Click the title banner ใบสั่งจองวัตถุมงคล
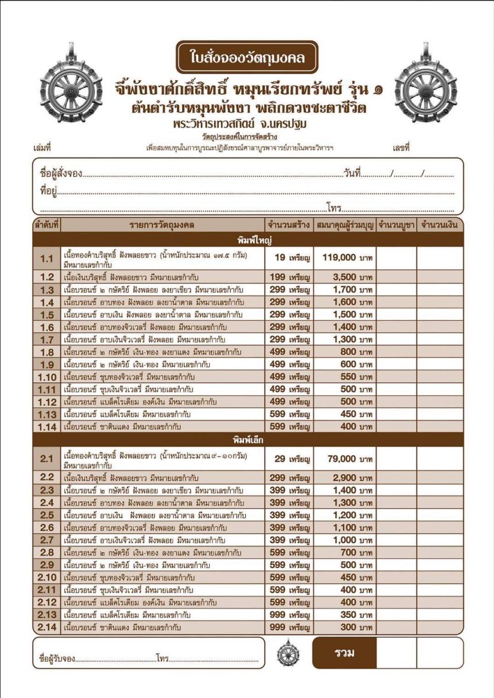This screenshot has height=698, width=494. coord(247,57)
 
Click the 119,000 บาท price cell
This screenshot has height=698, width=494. coord(345,259)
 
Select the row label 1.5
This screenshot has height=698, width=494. coord(47,315)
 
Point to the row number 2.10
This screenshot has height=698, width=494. coord(47,577)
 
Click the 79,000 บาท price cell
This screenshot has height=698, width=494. coord(345,459)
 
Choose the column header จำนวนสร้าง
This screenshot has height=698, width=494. coord(288,225)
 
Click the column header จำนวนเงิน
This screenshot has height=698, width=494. coord(439,225)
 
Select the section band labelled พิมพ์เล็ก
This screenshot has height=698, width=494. coord(247,440)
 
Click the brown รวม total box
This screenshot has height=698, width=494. coord(344,653)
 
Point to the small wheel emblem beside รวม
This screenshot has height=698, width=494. coord(288,653)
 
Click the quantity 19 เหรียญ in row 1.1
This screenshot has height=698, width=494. coord(288,259)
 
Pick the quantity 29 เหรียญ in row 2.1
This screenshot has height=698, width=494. coord(288,459)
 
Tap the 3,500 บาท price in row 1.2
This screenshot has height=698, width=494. coord(345,277)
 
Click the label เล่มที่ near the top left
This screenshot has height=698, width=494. coord(43,148)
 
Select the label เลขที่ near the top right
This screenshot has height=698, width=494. coord(401,148)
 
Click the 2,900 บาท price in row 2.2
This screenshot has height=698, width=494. coord(345,478)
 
